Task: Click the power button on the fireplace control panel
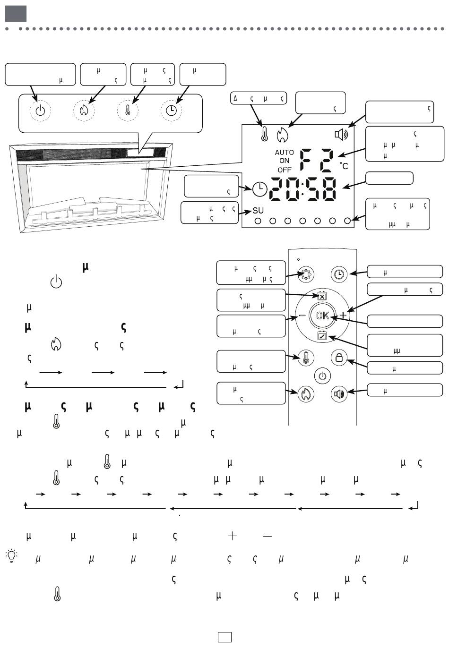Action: [40, 111]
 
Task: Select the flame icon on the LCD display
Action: [282, 136]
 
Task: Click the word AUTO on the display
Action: [284, 153]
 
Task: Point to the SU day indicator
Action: [258, 210]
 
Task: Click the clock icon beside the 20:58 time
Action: [259, 189]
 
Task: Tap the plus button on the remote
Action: [343, 315]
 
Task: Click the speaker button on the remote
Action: [339, 393]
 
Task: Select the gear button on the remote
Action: [306, 274]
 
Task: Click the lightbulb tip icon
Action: [11, 555]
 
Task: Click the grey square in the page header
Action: [16, 14]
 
